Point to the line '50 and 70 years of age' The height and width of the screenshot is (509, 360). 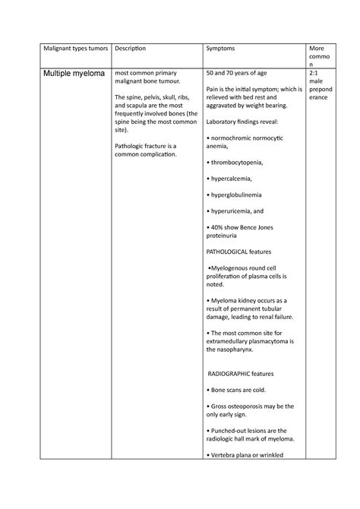click(x=238, y=73)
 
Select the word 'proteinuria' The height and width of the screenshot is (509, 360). click(x=224, y=236)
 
